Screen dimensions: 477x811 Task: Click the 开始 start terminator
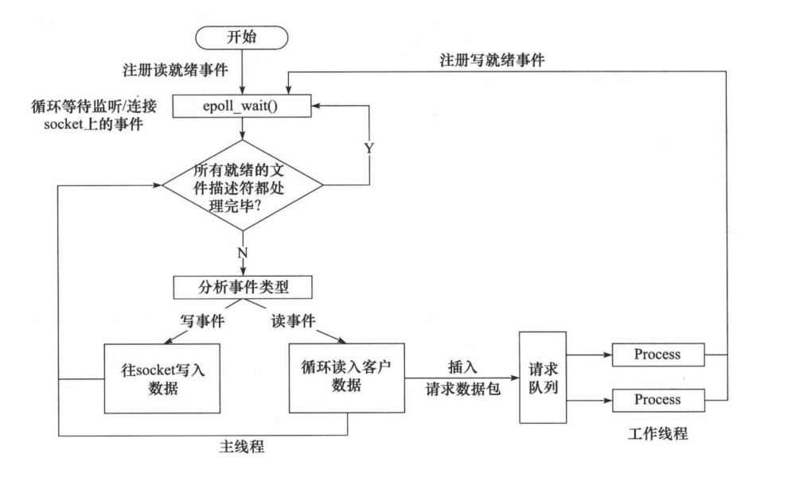pos(241,37)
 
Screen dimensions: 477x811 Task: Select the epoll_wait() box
pos(241,105)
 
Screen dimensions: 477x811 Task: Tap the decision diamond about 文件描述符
pos(242,185)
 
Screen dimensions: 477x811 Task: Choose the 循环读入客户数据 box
pos(346,377)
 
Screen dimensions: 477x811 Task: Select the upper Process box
pos(657,355)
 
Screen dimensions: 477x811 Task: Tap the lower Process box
pos(657,399)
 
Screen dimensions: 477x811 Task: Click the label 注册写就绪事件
pos(493,60)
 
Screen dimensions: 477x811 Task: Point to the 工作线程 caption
pos(657,434)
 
